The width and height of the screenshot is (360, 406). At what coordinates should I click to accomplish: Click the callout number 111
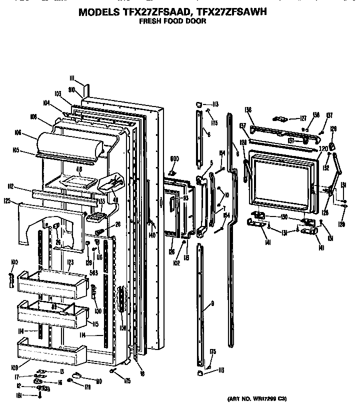(72, 78)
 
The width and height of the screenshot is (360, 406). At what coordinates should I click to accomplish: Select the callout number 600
(174, 159)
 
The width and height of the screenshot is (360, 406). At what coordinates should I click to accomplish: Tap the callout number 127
(303, 118)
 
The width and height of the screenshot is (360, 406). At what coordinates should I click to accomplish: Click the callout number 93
(186, 198)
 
